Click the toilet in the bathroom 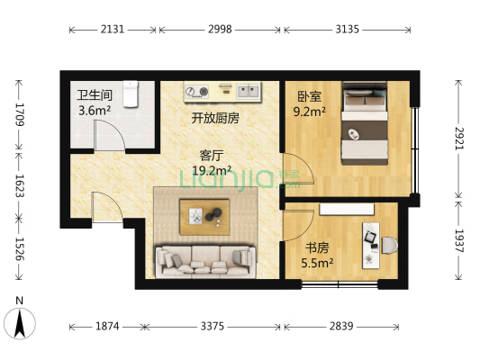pos(131,92)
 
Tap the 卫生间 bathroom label pos(94,95)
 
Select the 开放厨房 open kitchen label pos(214,118)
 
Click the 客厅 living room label pos(212,153)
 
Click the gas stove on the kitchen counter pos(197,91)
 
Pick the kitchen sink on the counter pos(248,91)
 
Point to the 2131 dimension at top pos(113,29)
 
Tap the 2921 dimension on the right pos(458,138)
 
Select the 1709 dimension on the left pos(16,114)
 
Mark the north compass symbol pos(20,321)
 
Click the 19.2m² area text pos(212,169)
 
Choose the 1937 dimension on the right pos(458,240)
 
